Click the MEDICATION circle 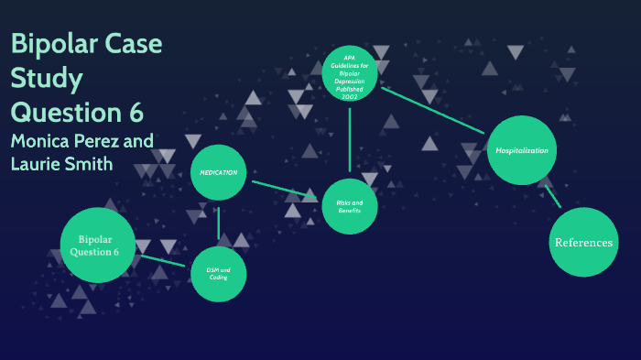tap(219, 172)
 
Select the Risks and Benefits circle tap(350, 206)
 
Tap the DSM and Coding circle tap(218, 274)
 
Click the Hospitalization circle tap(522, 149)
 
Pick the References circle tap(583, 242)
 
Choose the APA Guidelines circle tap(349, 72)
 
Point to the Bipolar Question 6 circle tap(98, 245)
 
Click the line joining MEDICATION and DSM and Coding tap(219, 224)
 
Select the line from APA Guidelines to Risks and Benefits tap(350, 137)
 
